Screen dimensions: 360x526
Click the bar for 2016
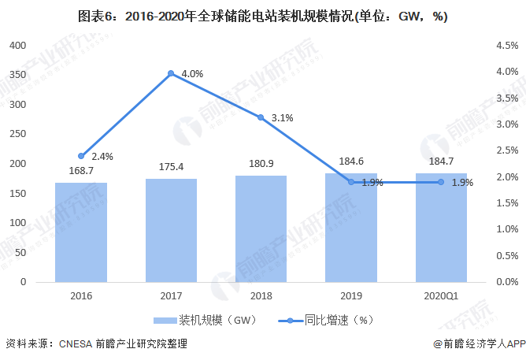tap(81, 232)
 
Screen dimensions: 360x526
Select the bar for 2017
tap(171, 230)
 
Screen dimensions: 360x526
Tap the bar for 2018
tap(261, 228)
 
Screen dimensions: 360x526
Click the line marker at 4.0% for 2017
tap(171, 74)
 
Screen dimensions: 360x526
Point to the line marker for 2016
tap(81, 156)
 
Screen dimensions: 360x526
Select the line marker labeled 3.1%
tap(261, 117)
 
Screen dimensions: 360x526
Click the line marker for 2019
tap(351, 182)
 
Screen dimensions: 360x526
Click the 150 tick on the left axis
tap(17, 193)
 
